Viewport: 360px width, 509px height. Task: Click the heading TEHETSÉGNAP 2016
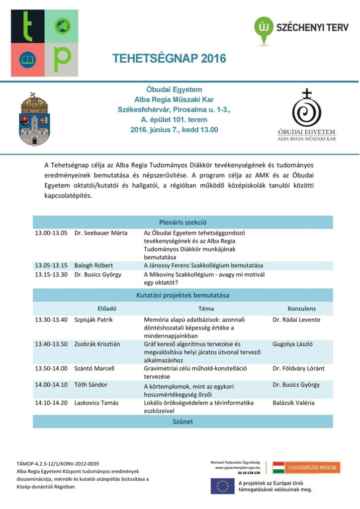pos(169,59)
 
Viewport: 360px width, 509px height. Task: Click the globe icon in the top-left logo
pos(63,26)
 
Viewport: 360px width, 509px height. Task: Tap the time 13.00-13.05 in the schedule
pos(51,233)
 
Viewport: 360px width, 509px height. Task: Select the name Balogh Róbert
pos(93,265)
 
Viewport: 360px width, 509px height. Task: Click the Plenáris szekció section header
pos(182,222)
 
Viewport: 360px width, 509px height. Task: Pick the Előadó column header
pos(107,308)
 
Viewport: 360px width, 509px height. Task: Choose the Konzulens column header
pos(301,308)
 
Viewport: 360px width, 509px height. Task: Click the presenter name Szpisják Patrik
pos(93,320)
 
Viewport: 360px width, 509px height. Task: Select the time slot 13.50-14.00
pos(51,368)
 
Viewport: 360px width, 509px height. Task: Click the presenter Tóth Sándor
pos(91,384)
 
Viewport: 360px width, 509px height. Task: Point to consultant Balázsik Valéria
pos(293,403)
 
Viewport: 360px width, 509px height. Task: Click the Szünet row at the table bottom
pos(182,422)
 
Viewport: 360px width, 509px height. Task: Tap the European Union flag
pos(222,486)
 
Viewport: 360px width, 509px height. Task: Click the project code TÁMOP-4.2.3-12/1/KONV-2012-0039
pos(58,464)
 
